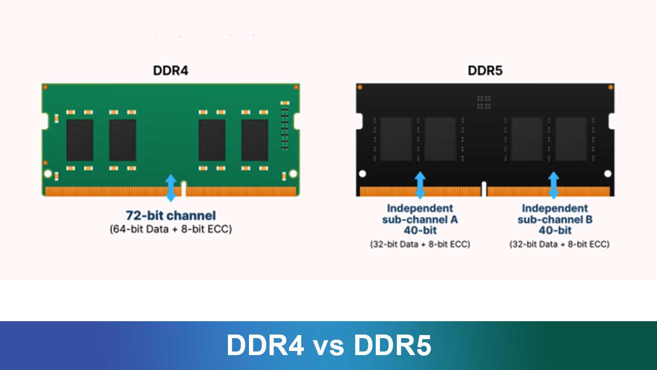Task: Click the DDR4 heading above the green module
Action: [170, 70]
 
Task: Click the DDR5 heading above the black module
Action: [485, 70]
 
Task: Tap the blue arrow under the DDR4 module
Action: [171, 188]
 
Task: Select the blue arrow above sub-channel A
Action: [420, 185]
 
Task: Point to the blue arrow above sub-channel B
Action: [553, 185]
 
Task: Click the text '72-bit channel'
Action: [171, 216]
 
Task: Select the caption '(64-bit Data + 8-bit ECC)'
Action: [171, 229]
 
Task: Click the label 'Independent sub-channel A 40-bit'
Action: [420, 219]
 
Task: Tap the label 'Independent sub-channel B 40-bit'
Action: [555, 219]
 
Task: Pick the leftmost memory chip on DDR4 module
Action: [80, 140]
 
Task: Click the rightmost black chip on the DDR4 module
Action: [255, 140]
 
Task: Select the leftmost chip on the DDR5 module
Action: [396, 139]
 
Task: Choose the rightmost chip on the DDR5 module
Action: [571, 139]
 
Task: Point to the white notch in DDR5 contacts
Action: [484, 189]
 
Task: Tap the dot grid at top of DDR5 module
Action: [483, 102]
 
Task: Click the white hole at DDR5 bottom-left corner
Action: [362, 174]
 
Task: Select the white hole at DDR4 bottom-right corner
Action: [293, 174]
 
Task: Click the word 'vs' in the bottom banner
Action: [330, 345]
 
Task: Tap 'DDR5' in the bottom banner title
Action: [392, 345]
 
